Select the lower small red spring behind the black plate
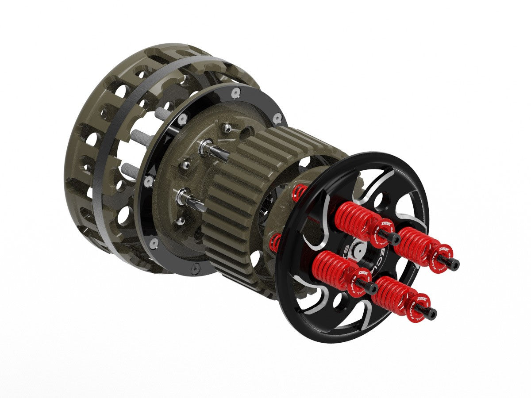click(275, 241)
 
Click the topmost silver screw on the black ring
click(235, 92)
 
